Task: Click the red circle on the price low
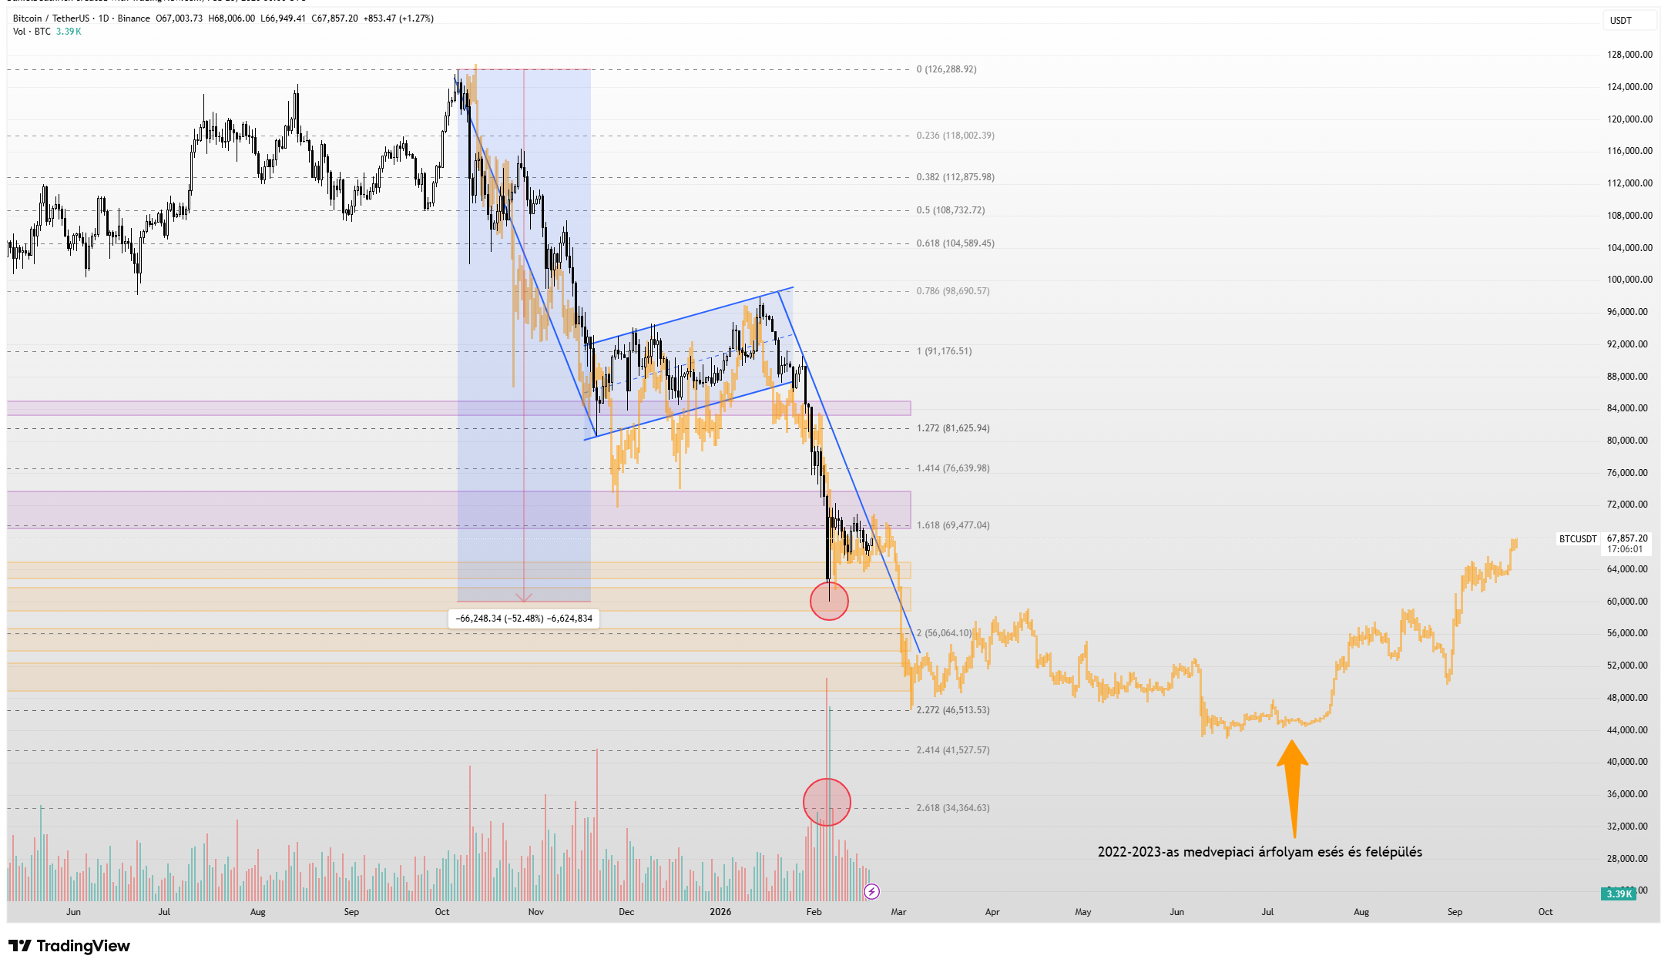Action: [829, 601]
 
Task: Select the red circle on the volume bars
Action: [827, 802]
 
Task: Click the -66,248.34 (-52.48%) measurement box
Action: [524, 619]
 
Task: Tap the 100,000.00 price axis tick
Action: [1629, 280]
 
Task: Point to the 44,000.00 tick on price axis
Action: [1629, 729]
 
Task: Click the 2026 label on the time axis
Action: [720, 912]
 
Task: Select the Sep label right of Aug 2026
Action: [1455, 912]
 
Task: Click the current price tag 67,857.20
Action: [1627, 538]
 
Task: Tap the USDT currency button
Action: [1621, 21]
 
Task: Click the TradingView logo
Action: [69, 946]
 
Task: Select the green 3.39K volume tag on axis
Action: [1619, 894]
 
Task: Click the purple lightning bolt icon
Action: [871, 892]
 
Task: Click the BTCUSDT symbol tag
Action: [1578, 539]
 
